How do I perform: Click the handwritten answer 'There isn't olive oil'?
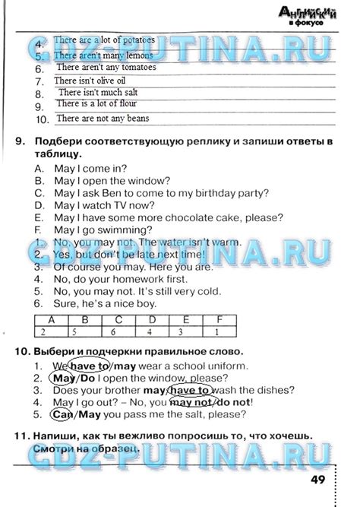(90, 80)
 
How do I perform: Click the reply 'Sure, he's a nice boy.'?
(106, 303)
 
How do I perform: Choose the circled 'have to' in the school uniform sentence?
(89, 366)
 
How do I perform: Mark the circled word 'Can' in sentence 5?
(63, 415)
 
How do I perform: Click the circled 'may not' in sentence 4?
(195, 403)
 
